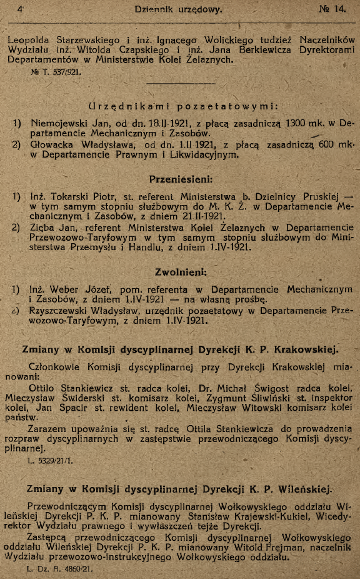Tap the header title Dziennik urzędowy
point(178,9)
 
